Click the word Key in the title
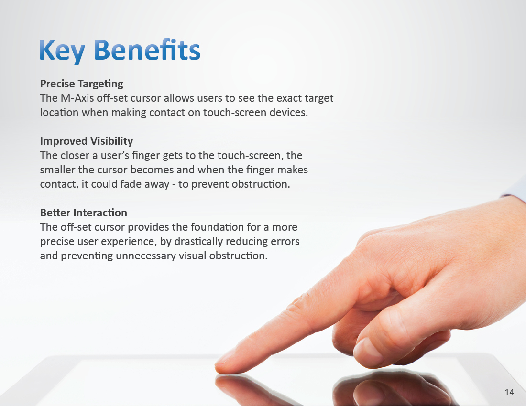pyautogui.click(x=62, y=51)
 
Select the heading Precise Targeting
pyautogui.click(x=81, y=84)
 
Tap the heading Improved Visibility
pyautogui.click(x=87, y=141)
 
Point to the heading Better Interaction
pyautogui.click(x=84, y=213)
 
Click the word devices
pyautogui.click(x=289, y=113)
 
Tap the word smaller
pyautogui.click(x=58, y=170)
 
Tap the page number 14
pyautogui.click(x=509, y=392)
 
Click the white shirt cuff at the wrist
pyautogui.click(x=515, y=189)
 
